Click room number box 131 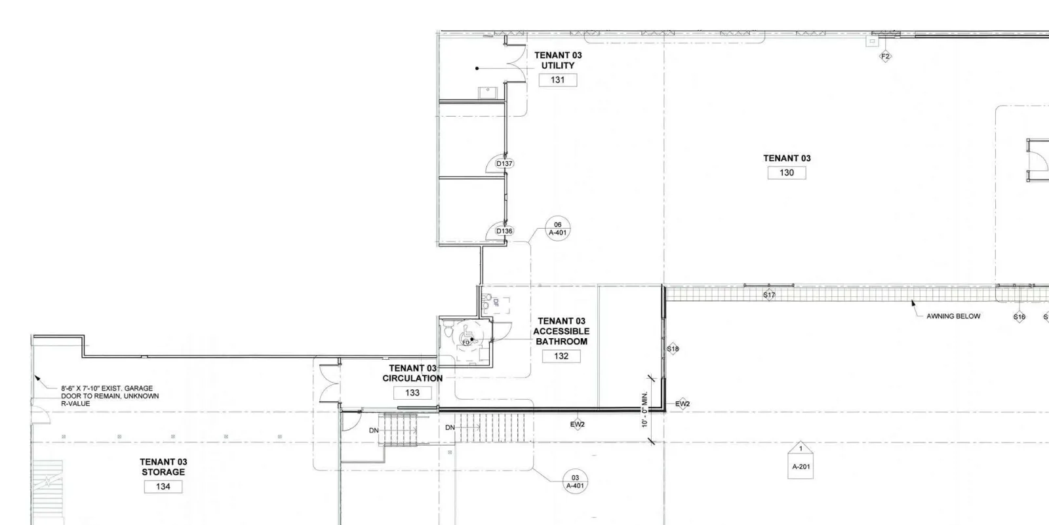558,80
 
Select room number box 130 787,173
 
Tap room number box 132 561,357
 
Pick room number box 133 412,393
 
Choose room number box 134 163,486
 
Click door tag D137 504,164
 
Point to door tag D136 504,231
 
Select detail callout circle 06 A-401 557,229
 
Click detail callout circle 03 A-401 575,482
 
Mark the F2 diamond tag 885,56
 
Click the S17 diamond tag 769,295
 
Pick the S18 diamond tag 673,349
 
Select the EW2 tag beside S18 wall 683,404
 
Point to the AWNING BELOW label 953,317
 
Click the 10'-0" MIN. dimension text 644,410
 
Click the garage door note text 109,397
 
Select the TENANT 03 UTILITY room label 558,60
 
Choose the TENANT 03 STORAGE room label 163,467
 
